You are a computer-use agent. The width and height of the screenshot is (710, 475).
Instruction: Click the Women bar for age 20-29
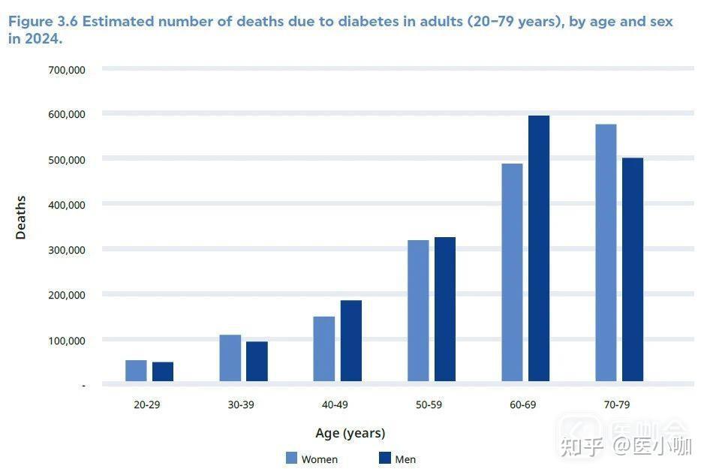point(136,371)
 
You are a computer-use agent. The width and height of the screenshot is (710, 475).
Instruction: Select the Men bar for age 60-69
point(539,248)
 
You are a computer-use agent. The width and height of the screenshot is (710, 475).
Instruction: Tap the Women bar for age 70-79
point(606,253)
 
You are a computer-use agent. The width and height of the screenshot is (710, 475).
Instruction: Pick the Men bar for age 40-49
point(351,341)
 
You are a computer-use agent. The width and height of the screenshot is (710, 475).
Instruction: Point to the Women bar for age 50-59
point(418,311)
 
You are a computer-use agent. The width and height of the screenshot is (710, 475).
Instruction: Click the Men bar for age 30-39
point(257,361)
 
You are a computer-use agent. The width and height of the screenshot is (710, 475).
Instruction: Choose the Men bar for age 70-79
point(633,269)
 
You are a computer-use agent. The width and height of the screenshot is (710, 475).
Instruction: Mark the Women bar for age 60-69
point(512,272)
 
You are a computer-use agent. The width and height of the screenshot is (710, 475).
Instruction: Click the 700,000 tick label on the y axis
point(67,70)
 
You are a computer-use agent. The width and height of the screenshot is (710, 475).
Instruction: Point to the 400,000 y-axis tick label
point(67,205)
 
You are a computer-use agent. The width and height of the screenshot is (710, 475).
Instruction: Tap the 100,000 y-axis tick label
point(67,341)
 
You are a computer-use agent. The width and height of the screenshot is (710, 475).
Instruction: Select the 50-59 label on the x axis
point(429,404)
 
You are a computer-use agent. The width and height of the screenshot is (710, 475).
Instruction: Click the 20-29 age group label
point(147,404)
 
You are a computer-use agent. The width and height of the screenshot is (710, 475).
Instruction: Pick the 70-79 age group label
point(616,404)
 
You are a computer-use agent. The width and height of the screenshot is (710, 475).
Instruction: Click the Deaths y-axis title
point(21,218)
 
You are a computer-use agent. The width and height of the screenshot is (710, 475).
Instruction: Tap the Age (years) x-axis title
point(350,433)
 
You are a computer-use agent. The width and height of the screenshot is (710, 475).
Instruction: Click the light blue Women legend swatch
point(292,458)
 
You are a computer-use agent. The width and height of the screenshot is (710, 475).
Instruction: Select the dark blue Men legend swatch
point(385,458)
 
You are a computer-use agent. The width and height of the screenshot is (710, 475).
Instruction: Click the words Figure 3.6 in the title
point(42,22)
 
